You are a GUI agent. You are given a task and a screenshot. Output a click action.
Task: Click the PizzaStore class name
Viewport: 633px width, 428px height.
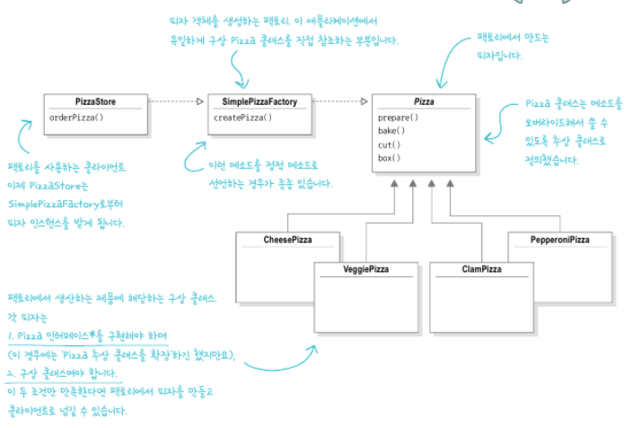pos(94,101)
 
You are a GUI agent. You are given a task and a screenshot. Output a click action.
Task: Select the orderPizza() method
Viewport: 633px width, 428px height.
pos(76,118)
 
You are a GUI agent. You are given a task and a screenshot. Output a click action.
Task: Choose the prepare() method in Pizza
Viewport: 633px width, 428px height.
pos(398,118)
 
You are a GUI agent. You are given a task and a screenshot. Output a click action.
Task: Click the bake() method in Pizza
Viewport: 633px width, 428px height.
pos(391,131)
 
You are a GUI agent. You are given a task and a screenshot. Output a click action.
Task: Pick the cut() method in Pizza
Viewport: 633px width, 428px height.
pos(389,144)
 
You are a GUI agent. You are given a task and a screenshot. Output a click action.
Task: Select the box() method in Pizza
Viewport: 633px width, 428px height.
pos(389,158)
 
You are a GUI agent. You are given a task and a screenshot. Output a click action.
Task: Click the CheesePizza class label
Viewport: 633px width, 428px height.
pos(288,240)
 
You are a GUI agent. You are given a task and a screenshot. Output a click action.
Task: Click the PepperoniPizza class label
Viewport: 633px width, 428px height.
pos(559,240)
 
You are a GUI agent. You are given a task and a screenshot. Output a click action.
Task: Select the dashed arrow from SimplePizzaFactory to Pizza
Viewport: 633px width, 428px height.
pos(346,101)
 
